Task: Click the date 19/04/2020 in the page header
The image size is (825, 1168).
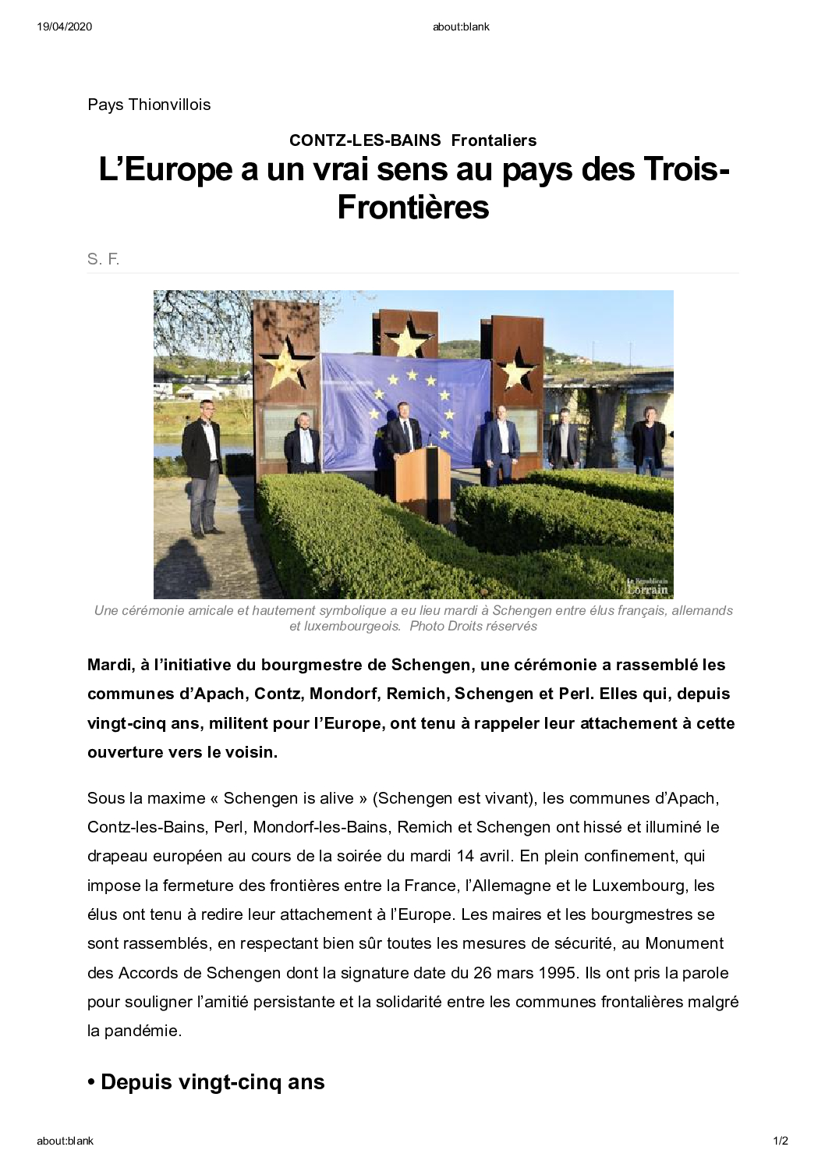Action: coord(64,27)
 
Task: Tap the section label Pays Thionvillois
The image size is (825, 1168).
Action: coord(149,105)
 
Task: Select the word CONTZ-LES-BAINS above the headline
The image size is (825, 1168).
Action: coord(365,140)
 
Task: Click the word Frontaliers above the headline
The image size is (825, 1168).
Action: coord(494,140)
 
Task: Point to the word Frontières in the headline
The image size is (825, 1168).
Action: coord(413,208)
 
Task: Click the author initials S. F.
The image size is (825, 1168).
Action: coord(103,260)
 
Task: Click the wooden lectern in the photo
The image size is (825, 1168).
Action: coord(421,477)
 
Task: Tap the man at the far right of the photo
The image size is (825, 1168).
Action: coord(648,441)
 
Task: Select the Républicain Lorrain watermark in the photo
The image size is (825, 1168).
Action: coord(646,586)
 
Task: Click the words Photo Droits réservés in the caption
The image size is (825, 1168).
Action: coord(473,626)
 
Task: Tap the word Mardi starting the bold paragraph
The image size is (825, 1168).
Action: coord(109,665)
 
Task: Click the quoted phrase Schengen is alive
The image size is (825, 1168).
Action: coord(289,798)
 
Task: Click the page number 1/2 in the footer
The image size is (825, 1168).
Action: coord(780,1141)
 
